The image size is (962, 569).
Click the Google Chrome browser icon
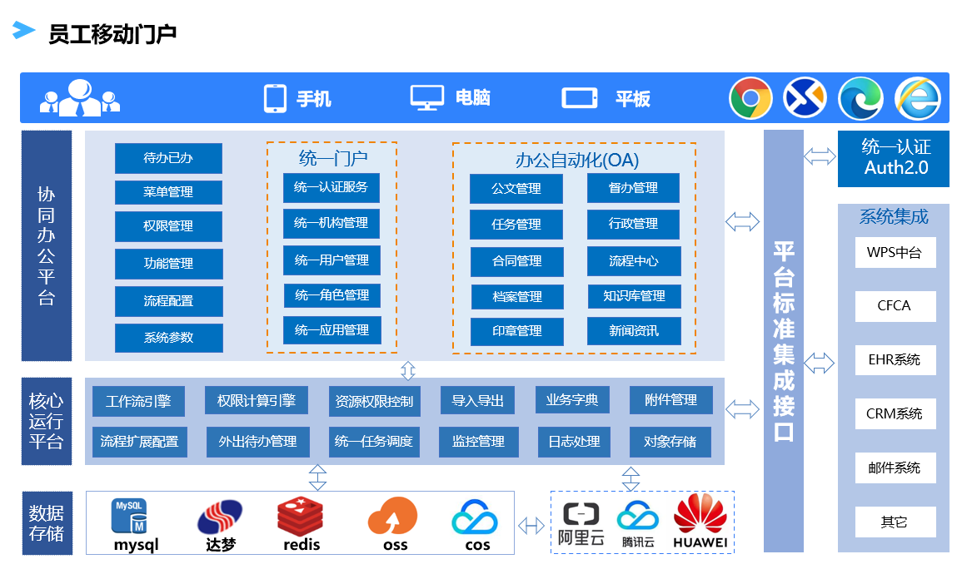[750, 98]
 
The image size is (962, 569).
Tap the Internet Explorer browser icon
[918, 98]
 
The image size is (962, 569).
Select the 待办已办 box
[169, 158]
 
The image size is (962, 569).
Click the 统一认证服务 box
[331, 187]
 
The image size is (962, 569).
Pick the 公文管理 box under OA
[516, 189]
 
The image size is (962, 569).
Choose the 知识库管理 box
[634, 295]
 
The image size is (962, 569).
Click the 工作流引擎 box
[138, 400]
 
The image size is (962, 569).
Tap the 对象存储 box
[670, 442]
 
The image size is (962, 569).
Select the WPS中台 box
[895, 253]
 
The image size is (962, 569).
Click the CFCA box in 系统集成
[895, 306]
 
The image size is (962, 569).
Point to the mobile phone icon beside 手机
[275, 98]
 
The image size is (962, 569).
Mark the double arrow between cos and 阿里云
[531, 526]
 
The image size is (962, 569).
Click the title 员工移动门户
[112, 35]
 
